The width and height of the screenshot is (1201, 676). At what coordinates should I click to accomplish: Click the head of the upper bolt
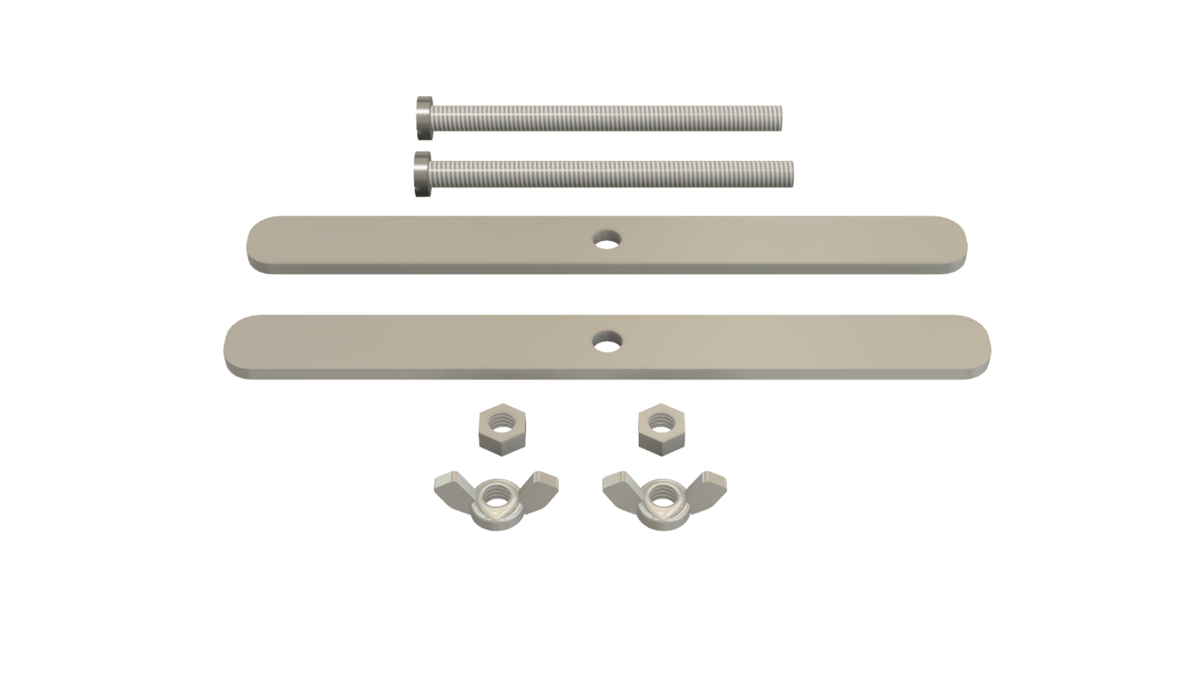pos(424,119)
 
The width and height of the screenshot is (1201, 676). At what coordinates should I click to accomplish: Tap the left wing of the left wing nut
pos(450,482)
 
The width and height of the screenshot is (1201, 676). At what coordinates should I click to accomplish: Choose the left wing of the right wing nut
pos(618,482)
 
